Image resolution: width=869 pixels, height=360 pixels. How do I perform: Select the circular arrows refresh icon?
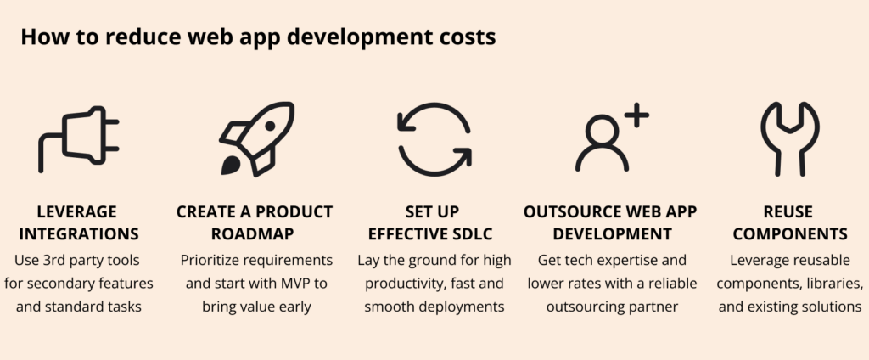pos(434,139)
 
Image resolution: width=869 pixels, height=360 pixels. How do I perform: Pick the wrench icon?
pos(789,139)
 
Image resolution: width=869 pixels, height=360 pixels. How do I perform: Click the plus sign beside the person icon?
pos(636,116)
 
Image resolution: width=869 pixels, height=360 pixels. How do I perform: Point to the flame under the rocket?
pos(230,166)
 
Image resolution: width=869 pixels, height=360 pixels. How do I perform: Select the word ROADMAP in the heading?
pos(255,233)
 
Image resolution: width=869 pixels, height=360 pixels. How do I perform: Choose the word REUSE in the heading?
pos(789,211)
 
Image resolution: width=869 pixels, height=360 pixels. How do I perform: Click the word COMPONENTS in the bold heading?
pos(789,233)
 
